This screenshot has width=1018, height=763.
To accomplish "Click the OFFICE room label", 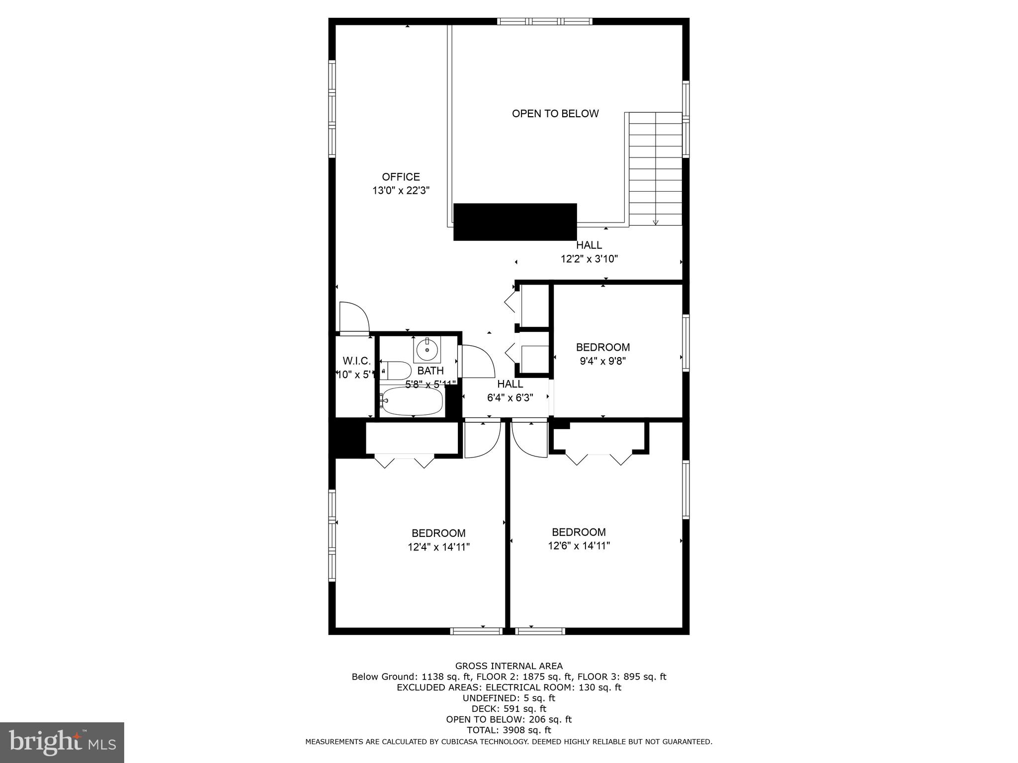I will click(401, 177).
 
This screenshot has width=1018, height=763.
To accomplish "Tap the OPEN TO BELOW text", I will click(555, 114).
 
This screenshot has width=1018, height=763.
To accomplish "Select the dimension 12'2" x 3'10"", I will click(589, 259).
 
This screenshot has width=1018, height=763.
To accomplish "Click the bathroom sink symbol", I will click(427, 349).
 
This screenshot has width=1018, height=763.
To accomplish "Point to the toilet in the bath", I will click(397, 371).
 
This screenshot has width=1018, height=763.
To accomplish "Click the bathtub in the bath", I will click(412, 401).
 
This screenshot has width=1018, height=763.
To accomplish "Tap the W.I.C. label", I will click(356, 361).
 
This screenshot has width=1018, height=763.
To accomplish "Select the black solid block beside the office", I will click(515, 222).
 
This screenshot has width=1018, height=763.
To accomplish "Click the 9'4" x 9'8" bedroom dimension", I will click(602, 361).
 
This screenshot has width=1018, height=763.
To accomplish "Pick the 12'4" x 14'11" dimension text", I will click(438, 547).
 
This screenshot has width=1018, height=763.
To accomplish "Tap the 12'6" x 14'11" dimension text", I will click(579, 546).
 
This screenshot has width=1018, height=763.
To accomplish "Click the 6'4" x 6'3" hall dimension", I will click(510, 398).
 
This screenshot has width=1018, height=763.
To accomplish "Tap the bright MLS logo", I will click(62, 742).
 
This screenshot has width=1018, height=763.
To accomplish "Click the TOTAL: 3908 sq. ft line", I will click(509, 730).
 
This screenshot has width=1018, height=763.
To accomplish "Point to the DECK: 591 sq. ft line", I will click(509, 709).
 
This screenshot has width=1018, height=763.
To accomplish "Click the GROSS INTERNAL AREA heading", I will click(509, 666).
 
